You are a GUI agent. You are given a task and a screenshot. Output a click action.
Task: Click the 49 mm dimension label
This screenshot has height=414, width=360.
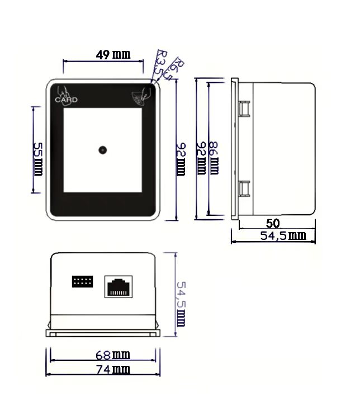tap(113, 55)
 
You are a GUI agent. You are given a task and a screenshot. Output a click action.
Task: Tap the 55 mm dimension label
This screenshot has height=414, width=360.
tap(38, 159)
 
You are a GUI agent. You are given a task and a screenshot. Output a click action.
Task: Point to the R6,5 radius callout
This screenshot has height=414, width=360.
tap(173, 68)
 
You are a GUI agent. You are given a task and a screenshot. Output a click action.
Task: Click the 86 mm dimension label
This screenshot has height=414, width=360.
tap(214, 158)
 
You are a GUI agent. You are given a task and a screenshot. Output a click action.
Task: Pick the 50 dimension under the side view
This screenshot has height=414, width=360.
tap(273, 223)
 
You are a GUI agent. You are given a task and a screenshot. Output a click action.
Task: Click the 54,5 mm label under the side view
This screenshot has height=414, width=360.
tap(283, 236)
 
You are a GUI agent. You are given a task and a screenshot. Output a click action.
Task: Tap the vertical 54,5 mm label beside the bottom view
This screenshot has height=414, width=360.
tap(181, 304)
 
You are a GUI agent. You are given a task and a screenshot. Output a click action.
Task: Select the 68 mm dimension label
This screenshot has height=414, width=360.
tap(113, 355)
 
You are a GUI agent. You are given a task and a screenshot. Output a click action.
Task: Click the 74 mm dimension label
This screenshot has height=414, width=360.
tap(113, 369)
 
